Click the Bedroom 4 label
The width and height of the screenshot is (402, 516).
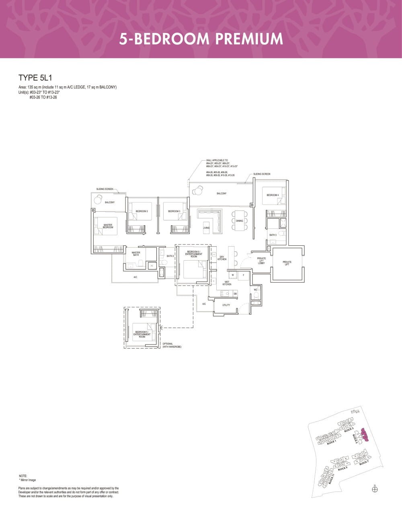[x=273, y=195]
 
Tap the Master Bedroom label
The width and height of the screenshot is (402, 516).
[x=108, y=226]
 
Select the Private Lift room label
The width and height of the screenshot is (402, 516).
[x=287, y=263]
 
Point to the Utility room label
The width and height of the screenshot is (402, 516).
[x=226, y=305]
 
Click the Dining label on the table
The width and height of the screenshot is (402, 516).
[x=239, y=221]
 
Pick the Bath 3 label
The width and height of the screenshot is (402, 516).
[x=273, y=235]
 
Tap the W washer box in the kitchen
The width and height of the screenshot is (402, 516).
[x=233, y=275]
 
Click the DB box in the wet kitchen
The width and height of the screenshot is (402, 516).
[x=235, y=294]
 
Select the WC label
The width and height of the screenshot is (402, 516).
[x=256, y=290]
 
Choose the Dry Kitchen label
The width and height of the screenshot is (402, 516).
[x=222, y=258]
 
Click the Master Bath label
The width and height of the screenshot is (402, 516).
[x=136, y=254]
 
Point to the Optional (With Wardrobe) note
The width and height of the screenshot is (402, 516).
[x=172, y=345]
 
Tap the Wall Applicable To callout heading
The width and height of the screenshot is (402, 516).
[x=217, y=160]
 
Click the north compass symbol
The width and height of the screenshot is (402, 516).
[x=375, y=489]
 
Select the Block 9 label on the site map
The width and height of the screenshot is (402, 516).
[x=343, y=468]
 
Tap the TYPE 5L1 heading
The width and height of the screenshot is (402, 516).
[x=35, y=78]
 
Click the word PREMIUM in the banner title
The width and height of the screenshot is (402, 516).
[x=249, y=39]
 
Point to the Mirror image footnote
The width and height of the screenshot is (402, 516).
[x=27, y=480]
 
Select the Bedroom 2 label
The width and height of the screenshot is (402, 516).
[x=142, y=211]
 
